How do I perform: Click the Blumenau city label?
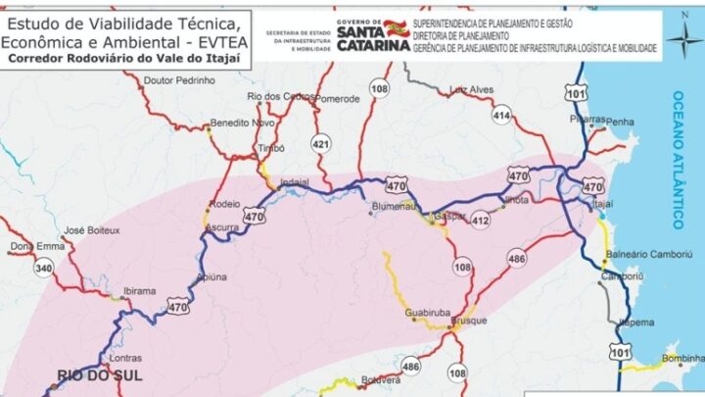[x=396, y=207]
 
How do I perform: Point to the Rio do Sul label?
[x=99, y=375]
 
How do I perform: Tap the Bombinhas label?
[x=681, y=360]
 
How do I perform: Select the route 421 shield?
[x=320, y=144]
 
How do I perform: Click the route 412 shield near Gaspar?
[x=480, y=220]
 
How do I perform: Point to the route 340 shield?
[x=43, y=268]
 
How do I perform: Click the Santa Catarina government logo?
[x=371, y=35]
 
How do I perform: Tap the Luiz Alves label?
[x=471, y=90]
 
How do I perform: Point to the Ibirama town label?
[x=139, y=291]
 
